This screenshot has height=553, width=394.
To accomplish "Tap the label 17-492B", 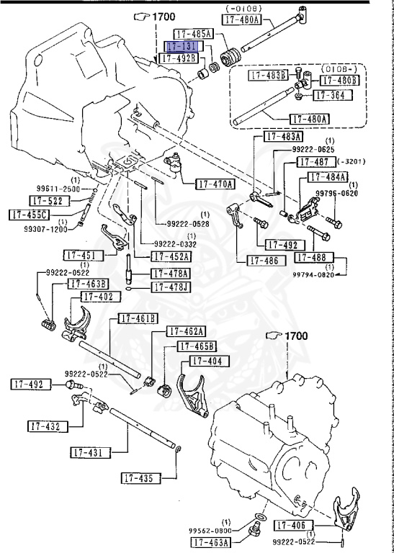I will coord(178,58).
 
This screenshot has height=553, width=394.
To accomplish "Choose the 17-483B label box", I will coord(269,74).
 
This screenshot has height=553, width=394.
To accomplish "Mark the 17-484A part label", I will coord(328,176).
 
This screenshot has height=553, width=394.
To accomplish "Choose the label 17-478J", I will coord(171,287).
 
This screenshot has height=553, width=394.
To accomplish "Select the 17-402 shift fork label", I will coord(97,297).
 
